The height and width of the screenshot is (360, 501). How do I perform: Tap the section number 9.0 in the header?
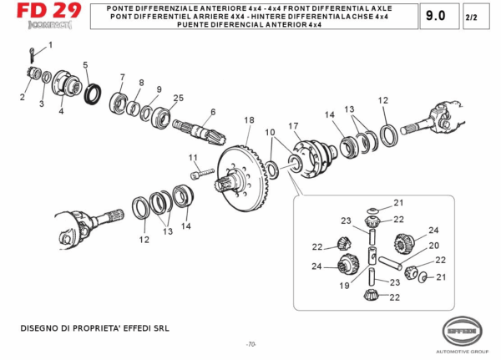(435, 16)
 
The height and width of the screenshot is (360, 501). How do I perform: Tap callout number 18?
(248, 121)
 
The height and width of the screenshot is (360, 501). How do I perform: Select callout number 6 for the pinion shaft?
(213, 111)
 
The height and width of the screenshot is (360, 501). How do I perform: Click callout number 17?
(294, 126)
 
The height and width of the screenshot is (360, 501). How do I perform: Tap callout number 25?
(178, 98)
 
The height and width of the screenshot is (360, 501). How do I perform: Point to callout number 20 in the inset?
(433, 246)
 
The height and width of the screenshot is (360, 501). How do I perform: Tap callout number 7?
(122, 78)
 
